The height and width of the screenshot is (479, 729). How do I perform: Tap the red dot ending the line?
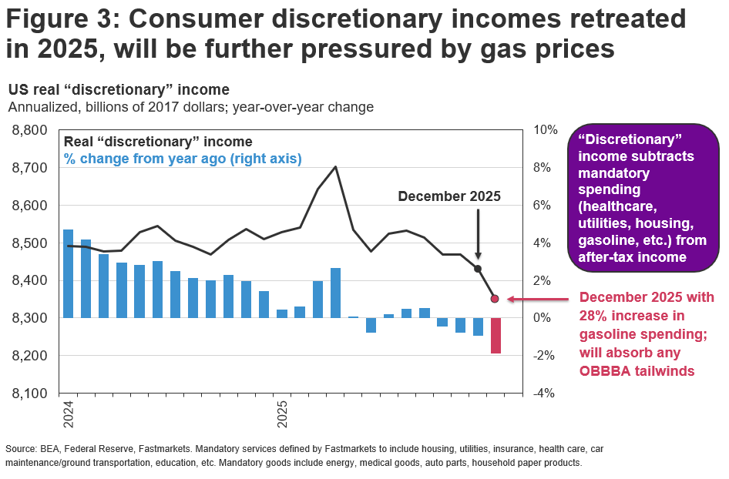495,298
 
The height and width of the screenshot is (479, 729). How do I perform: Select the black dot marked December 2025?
478,269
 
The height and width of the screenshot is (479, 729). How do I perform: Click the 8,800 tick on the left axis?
31,130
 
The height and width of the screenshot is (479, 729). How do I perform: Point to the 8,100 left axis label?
31,394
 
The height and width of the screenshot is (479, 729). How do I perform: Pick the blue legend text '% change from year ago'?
183,159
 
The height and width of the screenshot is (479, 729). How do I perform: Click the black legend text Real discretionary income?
158,142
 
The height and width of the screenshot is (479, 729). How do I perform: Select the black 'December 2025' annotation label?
449,196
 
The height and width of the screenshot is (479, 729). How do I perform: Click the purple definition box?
641,199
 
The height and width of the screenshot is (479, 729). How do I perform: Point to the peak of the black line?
335,166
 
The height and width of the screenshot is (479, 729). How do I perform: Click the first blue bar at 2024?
68,273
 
